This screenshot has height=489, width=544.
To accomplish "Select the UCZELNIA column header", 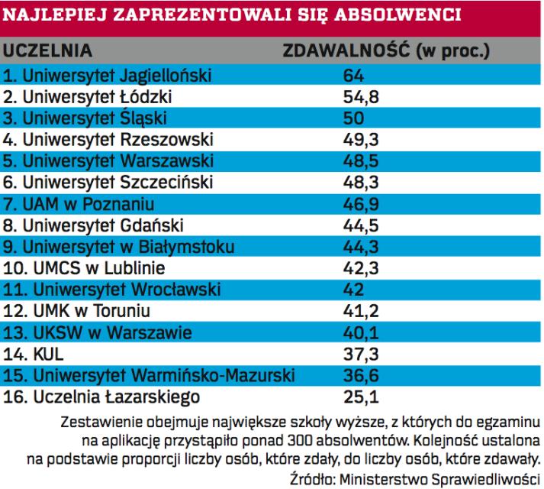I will coord(49,52).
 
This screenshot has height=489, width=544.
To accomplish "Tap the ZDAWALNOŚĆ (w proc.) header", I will coord(386,52).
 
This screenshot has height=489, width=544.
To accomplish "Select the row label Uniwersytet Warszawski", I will coord(109,161).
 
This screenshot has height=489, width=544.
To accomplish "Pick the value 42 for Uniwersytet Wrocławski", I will coord(355,290).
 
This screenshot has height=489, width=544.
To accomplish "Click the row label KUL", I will coord(34,354).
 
